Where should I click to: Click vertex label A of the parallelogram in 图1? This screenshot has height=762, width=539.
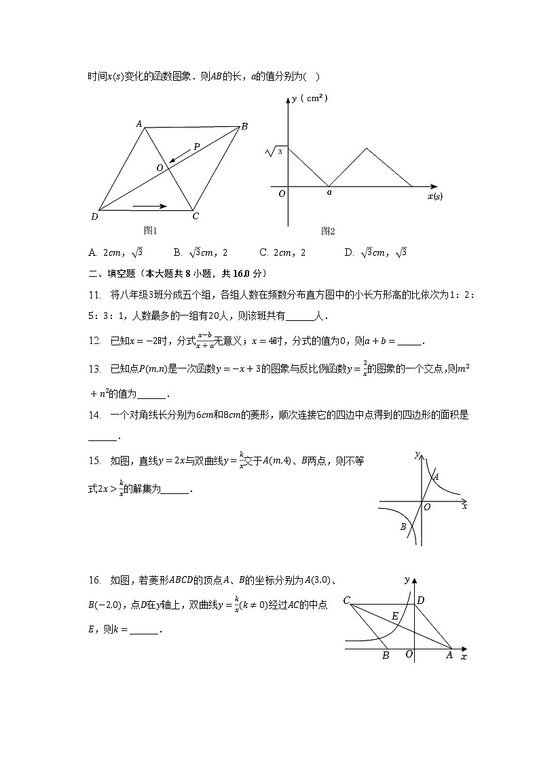click(138, 123)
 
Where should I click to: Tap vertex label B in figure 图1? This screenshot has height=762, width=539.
click(244, 126)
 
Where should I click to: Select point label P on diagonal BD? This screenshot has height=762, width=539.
click(196, 146)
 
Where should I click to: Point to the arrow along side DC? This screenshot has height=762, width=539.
click(150, 205)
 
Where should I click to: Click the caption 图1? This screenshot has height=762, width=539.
click(150, 231)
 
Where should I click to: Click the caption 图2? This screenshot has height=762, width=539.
click(328, 231)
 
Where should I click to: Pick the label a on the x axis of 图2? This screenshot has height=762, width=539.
click(329, 193)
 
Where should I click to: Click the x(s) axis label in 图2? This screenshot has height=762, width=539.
click(434, 197)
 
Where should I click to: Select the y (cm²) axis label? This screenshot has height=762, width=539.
click(309, 98)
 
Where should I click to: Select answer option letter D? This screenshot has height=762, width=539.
click(349, 252)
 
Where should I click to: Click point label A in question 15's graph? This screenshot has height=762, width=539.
click(436, 476)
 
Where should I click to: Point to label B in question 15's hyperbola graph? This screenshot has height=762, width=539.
click(403, 527)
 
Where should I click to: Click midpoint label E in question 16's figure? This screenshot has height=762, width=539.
click(395, 616)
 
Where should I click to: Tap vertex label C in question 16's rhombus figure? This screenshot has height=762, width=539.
click(346, 601)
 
